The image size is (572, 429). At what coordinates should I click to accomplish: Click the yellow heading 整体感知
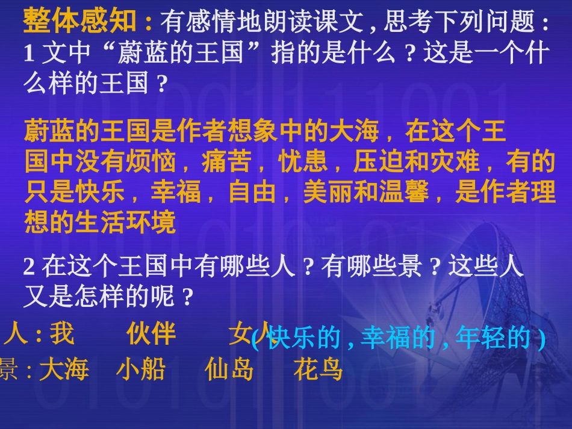pyautogui.click(x=80, y=22)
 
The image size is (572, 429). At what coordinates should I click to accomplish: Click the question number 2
pyautogui.click(x=29, y=267)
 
